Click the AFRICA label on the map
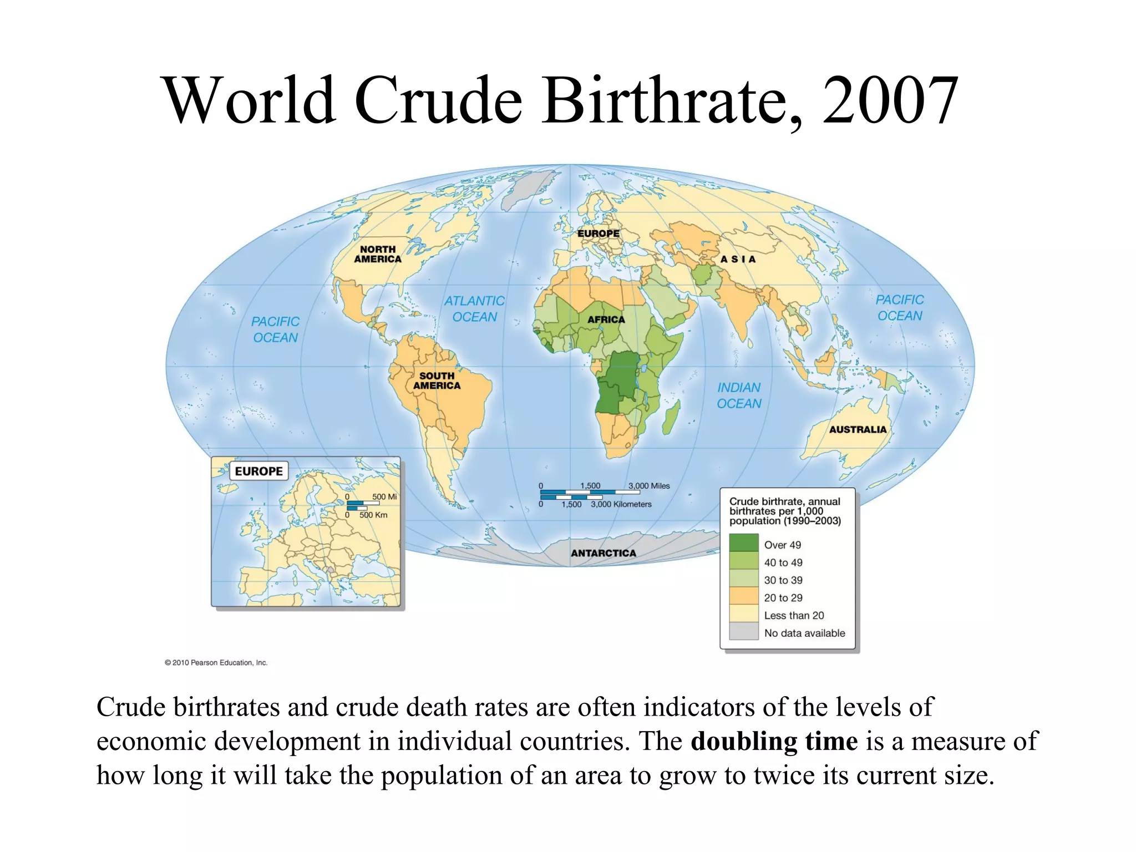pos(606,319)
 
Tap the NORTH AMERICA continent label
pos(378,255)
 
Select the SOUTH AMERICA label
pos(437,381)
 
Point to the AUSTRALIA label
pos(858,429)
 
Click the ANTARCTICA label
pos(603,553)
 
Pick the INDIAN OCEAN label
pos(739,395)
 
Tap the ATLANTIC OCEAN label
pos(474,309)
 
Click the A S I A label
pos(738,259)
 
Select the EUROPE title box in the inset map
pos(258,471)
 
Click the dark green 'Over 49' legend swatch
pos(743,543)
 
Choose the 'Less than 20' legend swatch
pos(743,614)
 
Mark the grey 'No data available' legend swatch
pos(743,632)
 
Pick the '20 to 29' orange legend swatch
pos(743,596)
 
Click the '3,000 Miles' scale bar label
pos(649,486)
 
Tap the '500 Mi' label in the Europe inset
pos(384,497)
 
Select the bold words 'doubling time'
pos(774,741)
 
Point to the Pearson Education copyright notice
pos(216,662)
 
